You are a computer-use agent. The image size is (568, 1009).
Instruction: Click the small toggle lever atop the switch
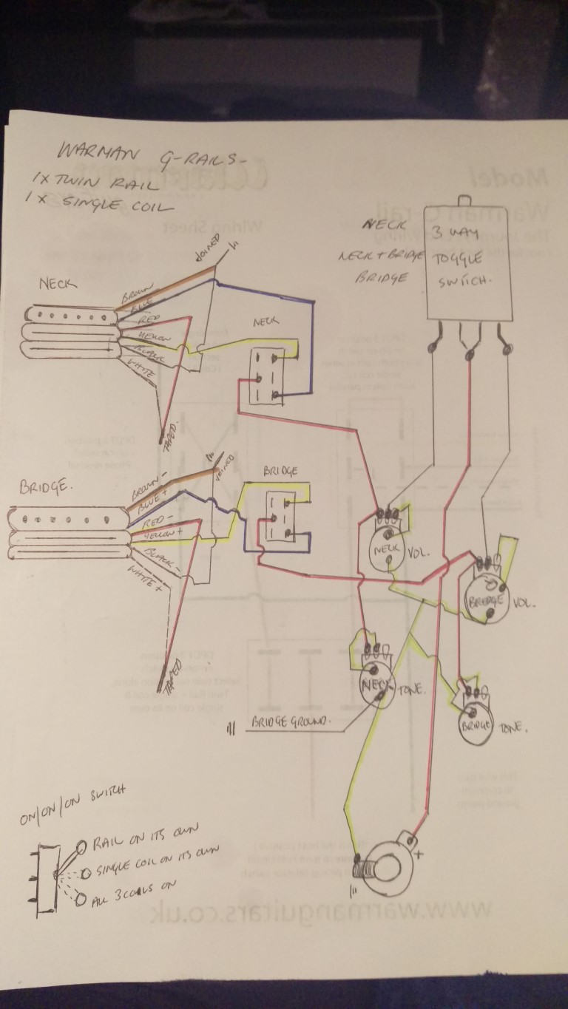click(x=465, y=198)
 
